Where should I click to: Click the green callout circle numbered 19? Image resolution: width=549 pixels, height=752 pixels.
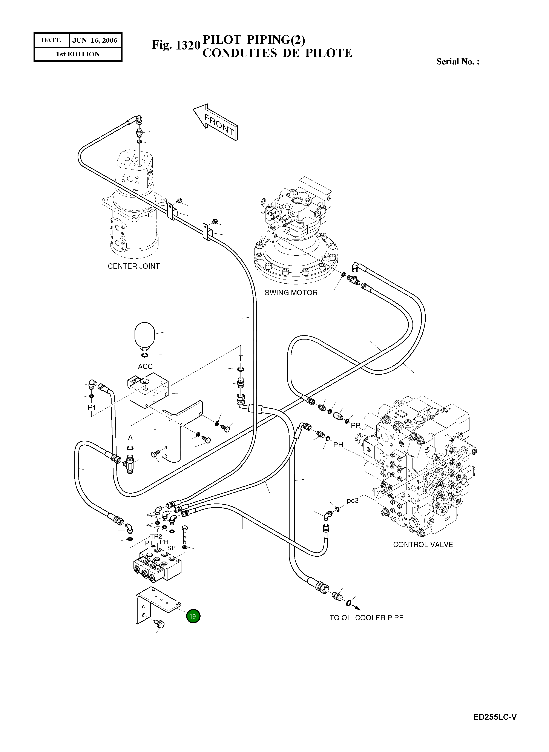coord(193,616)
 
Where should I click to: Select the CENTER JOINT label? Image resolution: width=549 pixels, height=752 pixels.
coord(133,266)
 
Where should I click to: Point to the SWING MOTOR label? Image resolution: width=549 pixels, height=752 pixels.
coord(291,293)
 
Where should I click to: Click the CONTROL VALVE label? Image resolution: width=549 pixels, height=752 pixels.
coord(423,544)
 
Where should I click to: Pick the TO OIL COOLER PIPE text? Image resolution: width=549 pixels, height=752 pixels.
coord(366,618)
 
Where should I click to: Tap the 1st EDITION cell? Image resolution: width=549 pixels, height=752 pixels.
coord(78,54)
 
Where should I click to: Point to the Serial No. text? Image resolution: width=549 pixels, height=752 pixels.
coord(458,62)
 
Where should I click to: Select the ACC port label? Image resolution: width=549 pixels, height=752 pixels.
coord(145,366)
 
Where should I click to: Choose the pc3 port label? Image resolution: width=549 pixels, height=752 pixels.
coord(353,500)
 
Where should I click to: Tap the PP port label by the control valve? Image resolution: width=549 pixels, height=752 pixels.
coord(356,425)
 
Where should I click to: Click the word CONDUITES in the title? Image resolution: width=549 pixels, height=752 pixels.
coord(240,53)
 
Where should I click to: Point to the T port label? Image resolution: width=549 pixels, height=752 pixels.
coord(241,358)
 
